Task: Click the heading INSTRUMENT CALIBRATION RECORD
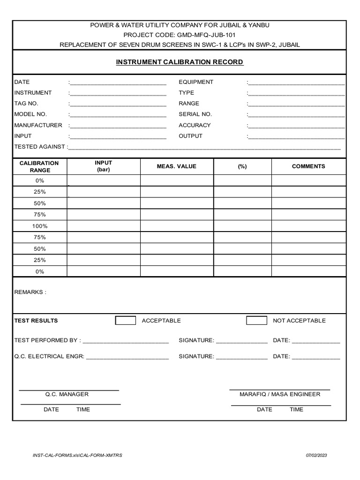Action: click(x=180, y=62)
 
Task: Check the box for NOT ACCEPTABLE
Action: click(x=256, y=321)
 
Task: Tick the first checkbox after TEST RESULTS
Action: click(x=126, y=321)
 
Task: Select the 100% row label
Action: click(x=40, y=226)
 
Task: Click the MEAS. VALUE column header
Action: click(x=177, y=166)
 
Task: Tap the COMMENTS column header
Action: click(x=308, y=166)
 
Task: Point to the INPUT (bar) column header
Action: click(x=104, y=166)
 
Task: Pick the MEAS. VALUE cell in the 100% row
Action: click(x=177, y=226)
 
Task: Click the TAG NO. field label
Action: click(x=26, y=104)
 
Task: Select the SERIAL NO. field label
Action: click(x=195, y=114)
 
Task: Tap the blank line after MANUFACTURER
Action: click(x=118, y=126)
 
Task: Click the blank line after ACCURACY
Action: click(x=296, y=126)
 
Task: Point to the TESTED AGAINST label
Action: click(x=40, y=147)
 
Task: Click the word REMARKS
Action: click(x=30, y=292)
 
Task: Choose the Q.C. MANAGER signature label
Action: click(x=67, y=394)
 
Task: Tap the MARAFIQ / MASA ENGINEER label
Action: click(x=280, y=394)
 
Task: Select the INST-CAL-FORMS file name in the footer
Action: click(x=77, y=456)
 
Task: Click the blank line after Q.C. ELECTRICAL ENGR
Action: click(x=127, y=357)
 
